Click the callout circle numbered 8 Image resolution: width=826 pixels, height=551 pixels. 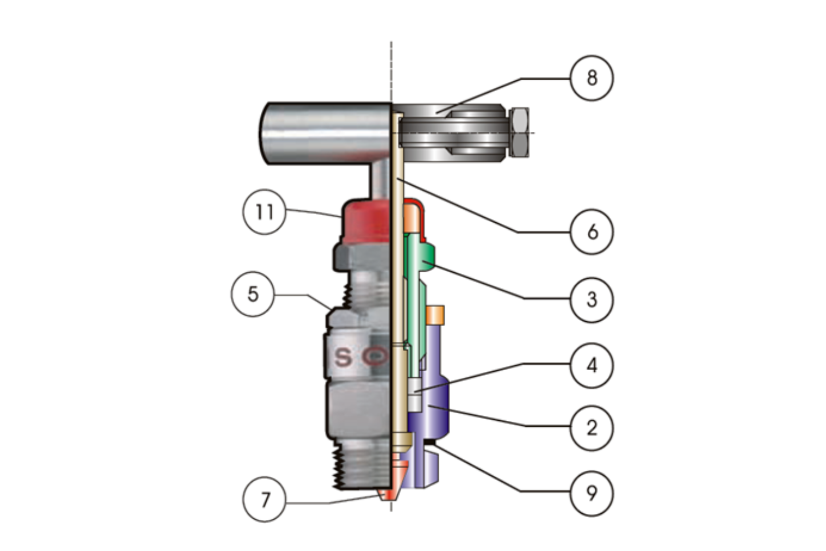point(592,79)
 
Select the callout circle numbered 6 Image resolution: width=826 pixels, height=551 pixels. point(592,232)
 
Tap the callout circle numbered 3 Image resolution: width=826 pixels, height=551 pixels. point(592,299)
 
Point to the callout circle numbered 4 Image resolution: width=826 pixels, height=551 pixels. point(592,366)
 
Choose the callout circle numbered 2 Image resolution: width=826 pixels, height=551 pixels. point(592,428)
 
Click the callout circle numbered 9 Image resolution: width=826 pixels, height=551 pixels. point(592,493)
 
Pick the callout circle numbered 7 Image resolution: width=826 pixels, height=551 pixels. point(264,500)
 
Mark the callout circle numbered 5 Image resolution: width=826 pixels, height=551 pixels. point(253,294)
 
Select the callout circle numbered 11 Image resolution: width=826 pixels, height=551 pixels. point(264,212)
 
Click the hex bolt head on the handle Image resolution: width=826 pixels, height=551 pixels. point(518,132)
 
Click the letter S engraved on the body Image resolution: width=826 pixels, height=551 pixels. point(343,357)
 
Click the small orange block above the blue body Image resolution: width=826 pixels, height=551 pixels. point(435,315)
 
